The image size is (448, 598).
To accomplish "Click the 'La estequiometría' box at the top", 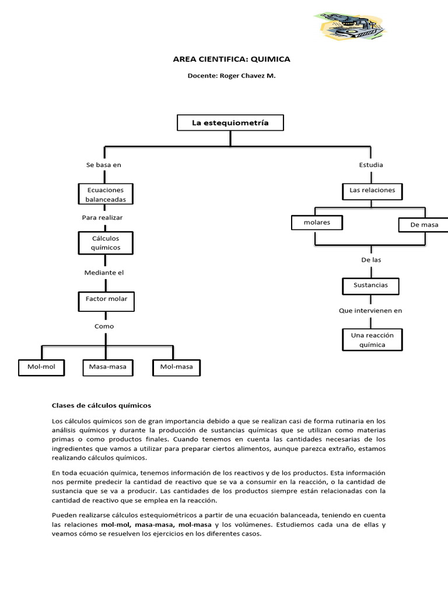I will [x=231, y=123].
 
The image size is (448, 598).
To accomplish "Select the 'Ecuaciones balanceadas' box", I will [x=106, y=194].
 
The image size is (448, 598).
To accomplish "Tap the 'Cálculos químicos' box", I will [x=106, y=243].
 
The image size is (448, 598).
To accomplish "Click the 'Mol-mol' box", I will [x=41, y=367].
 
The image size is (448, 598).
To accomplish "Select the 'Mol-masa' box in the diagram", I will [x=176, y=367].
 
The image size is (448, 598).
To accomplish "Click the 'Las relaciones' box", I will [x=372, y=190].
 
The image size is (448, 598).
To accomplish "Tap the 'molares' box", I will [x=317, y=222].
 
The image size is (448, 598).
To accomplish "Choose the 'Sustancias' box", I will [x=371, y=286].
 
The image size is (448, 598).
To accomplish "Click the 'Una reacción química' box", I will [x=372, y=340].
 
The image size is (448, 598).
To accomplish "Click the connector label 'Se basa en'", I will [x=104, y=165].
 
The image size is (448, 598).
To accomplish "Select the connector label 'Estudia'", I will [x=371, y=165].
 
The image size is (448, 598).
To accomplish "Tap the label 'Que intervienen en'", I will [x=370, y=311].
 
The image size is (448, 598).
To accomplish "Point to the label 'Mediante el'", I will [x=105, y=272].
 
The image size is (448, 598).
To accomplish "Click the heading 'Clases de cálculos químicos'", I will [x=101, y=405].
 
